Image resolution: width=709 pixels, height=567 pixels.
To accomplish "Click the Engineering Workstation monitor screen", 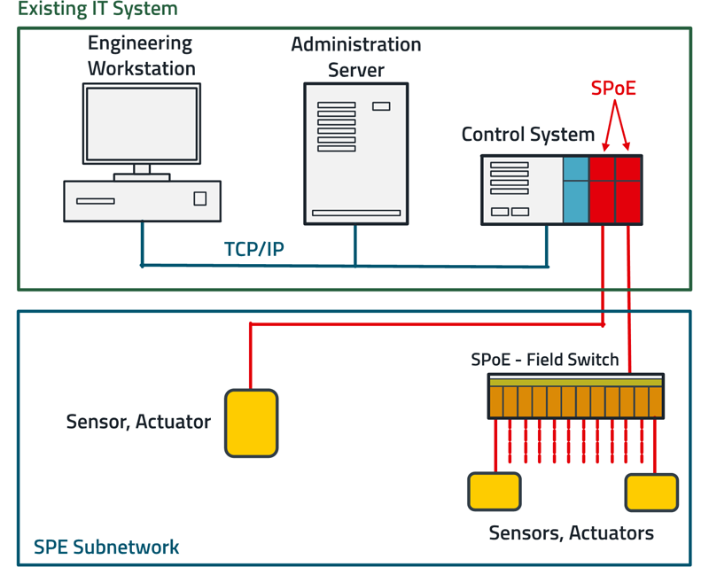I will [142, 123].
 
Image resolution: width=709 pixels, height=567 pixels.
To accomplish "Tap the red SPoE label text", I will [614, 89].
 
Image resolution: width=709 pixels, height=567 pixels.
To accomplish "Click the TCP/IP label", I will [254, 249].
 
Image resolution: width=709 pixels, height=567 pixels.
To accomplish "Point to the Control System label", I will [528, 135].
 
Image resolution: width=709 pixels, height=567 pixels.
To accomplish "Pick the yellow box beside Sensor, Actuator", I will [252, 422].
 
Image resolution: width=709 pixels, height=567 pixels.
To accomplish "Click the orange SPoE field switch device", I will [575, 396].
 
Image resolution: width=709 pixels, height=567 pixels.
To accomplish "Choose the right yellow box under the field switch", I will [651, 493].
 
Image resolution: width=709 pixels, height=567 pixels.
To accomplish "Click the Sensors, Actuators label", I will [572, 533].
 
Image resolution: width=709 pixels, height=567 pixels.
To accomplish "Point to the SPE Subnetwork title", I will [106, 548].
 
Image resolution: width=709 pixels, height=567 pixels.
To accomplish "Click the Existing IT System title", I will [97, 10].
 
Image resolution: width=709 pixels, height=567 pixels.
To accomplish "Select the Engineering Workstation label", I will [141, 55].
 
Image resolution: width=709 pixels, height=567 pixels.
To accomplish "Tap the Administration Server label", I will [356, 57].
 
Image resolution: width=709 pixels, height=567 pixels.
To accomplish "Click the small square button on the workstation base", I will [200, 199].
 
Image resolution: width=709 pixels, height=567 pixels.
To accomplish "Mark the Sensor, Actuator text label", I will [138, 422].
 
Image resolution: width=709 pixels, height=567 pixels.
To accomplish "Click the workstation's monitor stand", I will [142, 171].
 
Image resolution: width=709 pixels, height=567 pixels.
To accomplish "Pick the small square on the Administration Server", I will [381, 106].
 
